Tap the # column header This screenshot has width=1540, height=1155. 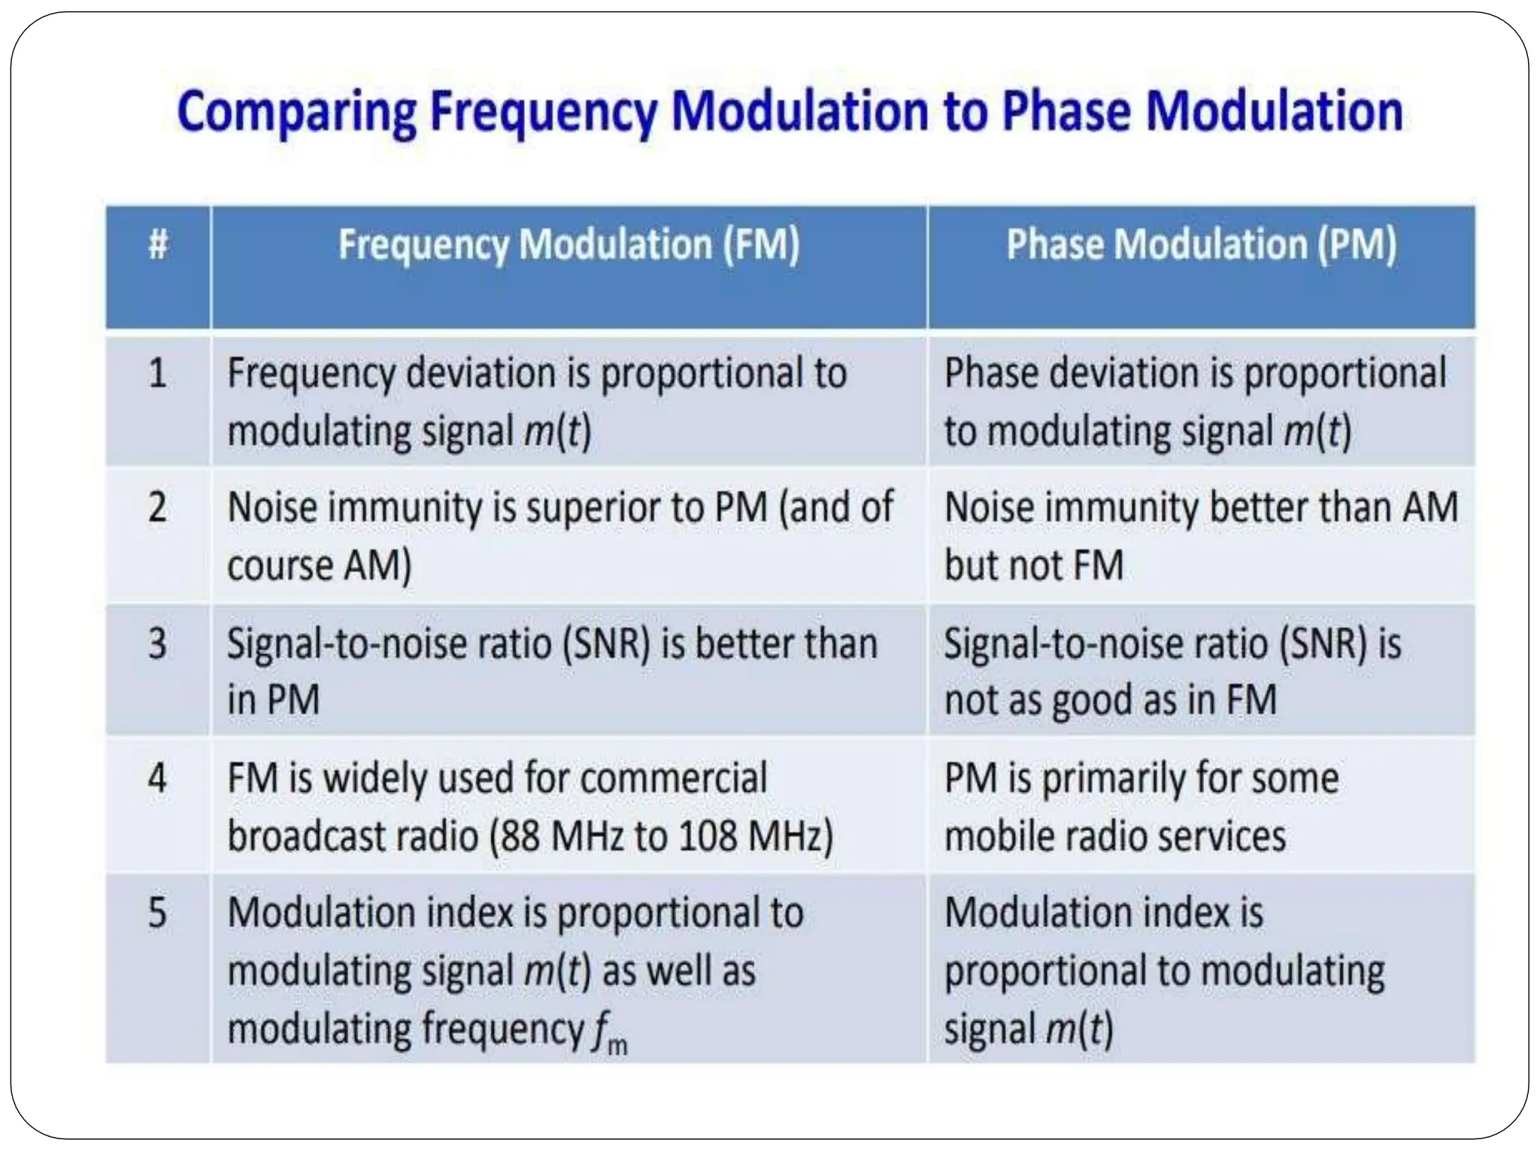pyautogui.click(x=158, y=244)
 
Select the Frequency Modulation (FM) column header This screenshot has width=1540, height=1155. pyautogui.click(x=568, y=244)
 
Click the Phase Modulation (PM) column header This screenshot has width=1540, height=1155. pyautogui.click(x=1201, y=244)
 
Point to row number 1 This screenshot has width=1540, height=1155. pyautogui.click(x=157, y=373)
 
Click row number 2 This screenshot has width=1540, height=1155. pyautogui.click(x=157, y=507)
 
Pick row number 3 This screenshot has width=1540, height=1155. pyautogui.click(x=157, y=644)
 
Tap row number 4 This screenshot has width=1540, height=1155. pyautogui.click(x=157, y=778)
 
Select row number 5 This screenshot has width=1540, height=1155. pyautogui.click(x=157, y=912)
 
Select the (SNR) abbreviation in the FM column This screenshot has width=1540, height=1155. pyautogui.click(x=606, y=644)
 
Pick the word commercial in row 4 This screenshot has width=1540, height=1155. pyautogui.click(x=674, y=778)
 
